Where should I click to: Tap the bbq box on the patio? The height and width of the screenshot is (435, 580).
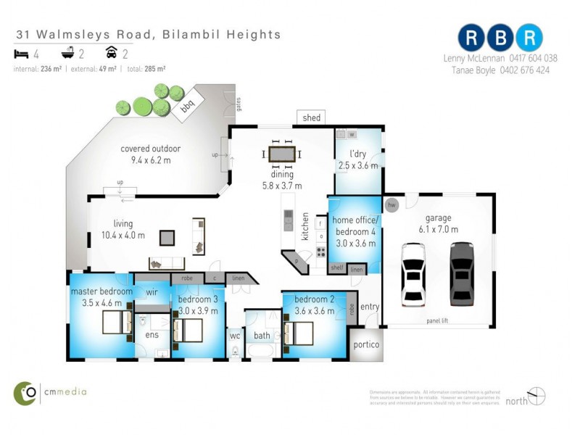tap(186, 106)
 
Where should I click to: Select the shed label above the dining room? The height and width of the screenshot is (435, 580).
tap(311, 117)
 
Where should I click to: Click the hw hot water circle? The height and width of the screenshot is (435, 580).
tap(392, 205)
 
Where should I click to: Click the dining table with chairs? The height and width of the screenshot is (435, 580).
tap(281, 154)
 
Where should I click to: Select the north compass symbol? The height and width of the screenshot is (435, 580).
tap(536, 397)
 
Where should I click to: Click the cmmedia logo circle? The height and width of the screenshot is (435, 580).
tap(25, 392)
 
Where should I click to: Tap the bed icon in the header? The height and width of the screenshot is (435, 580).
tap(20, 53)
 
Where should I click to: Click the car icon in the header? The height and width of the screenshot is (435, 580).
tap(111, 53)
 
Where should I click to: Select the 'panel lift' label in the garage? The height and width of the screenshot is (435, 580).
tap(436, 320)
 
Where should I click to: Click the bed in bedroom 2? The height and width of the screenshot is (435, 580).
tap(299, 333)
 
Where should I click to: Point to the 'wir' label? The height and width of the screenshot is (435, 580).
tap(152, 292)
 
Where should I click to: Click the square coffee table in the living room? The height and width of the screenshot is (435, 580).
tap(167, 236)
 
